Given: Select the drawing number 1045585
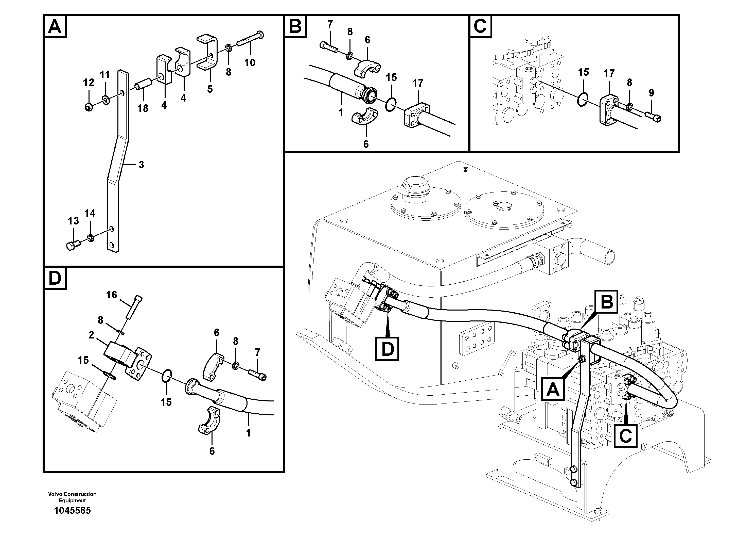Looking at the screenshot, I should click(x=72, y=511).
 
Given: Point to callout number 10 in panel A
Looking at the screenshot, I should click(x=250, y=62).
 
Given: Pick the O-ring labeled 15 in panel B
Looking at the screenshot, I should click(x=390, y=105).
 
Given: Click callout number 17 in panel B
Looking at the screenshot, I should click(x=418, y=83).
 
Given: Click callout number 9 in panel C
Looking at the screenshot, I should click(x=651, y=93).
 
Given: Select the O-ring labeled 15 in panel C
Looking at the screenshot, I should click(x=583, y=100).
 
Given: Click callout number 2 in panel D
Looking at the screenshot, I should click(x=91, y=335).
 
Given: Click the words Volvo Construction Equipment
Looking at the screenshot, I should click(x=72, y=497).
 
